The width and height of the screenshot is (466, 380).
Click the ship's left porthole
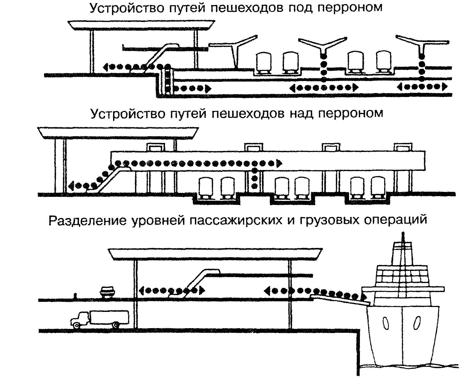click(386, 323)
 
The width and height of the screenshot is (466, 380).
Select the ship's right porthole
click(416, 323)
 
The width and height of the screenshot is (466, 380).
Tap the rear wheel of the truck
click(116, 325)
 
